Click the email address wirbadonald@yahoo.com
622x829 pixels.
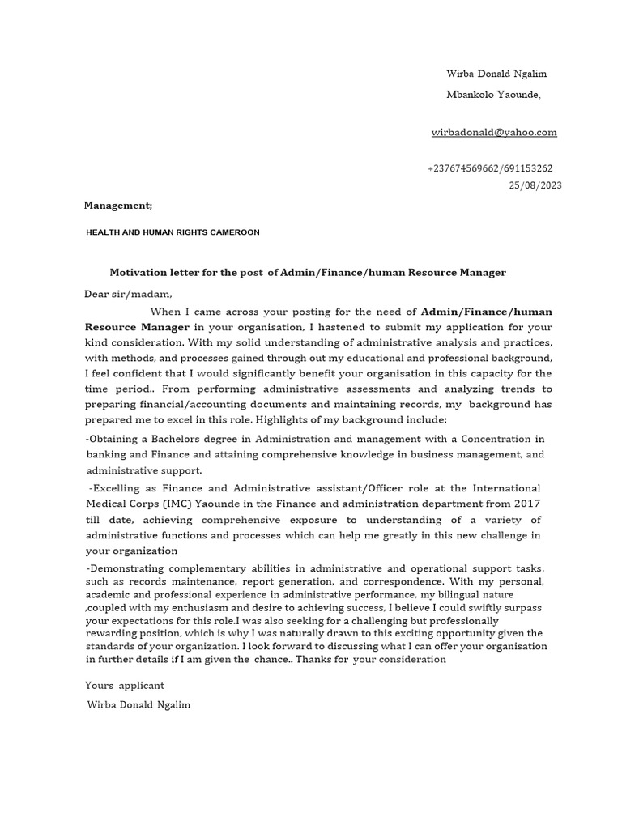pyautogui.click(x=493, y=132)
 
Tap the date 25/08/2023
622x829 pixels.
pyautogui.click(x=535, y=185)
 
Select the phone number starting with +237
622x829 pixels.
pyautogui.click(x=490, y=168)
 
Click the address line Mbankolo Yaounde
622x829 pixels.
pyautogui.click(x=493, y=95)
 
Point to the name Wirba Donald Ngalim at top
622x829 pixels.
pyautogui.click(x=496, y=74)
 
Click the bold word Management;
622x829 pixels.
pyautogui.click(x=118, y=206)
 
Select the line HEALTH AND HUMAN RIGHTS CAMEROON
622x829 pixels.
pyautogui.click(x=173, y=232)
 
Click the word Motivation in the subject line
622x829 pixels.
pyautogui.click(x=138, y=273)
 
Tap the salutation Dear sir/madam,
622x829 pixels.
pyautogui.click(x=129, y=294)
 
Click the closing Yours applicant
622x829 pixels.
pyautogui.click(x=125, y=686)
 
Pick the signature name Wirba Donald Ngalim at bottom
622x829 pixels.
pyautogui.click(x=138, y=705)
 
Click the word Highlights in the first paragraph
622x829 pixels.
pyautogui.click(x=280, y=420)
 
